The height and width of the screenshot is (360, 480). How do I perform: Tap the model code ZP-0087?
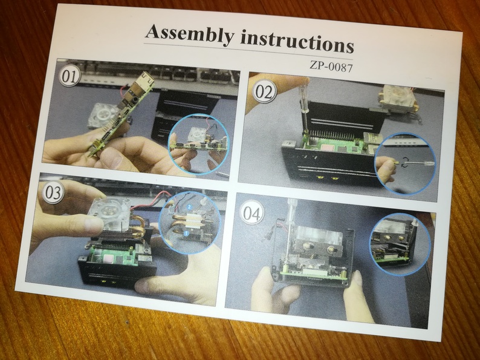[x=331, y=66]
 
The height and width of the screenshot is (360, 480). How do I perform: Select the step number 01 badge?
[x=69, y=76]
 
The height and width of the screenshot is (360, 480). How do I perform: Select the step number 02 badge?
[x=264, y=91]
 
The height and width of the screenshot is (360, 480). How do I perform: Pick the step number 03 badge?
[x=53, y=192]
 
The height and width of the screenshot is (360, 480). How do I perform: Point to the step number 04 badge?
[x=252, y=212]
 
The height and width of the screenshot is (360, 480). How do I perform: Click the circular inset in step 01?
[x=198, y=144]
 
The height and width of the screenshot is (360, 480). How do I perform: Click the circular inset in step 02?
[x=406, y=163]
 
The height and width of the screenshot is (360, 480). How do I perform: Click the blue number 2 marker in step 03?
[x=189, y=207]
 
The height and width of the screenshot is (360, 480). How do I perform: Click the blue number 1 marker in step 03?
[x=186, y=234]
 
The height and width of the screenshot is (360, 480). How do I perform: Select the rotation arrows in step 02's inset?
[x=406, y=162]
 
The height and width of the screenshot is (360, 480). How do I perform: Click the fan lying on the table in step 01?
[x=103, y=115]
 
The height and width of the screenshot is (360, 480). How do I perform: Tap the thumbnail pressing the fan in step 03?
[x=92, y=224]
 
